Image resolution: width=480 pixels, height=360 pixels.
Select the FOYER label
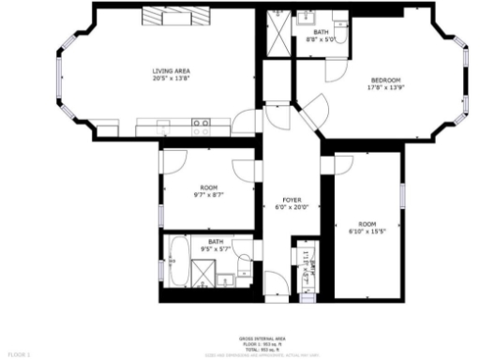(x=291, y=201)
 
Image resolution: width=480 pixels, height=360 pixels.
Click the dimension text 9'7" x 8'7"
(x=208, y=195)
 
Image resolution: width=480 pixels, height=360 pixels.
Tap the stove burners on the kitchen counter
(x=201, y=122)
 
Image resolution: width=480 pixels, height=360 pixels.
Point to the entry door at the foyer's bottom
(x=278, y=280)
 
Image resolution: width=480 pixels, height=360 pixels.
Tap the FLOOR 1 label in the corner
(x=20, y=353)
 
